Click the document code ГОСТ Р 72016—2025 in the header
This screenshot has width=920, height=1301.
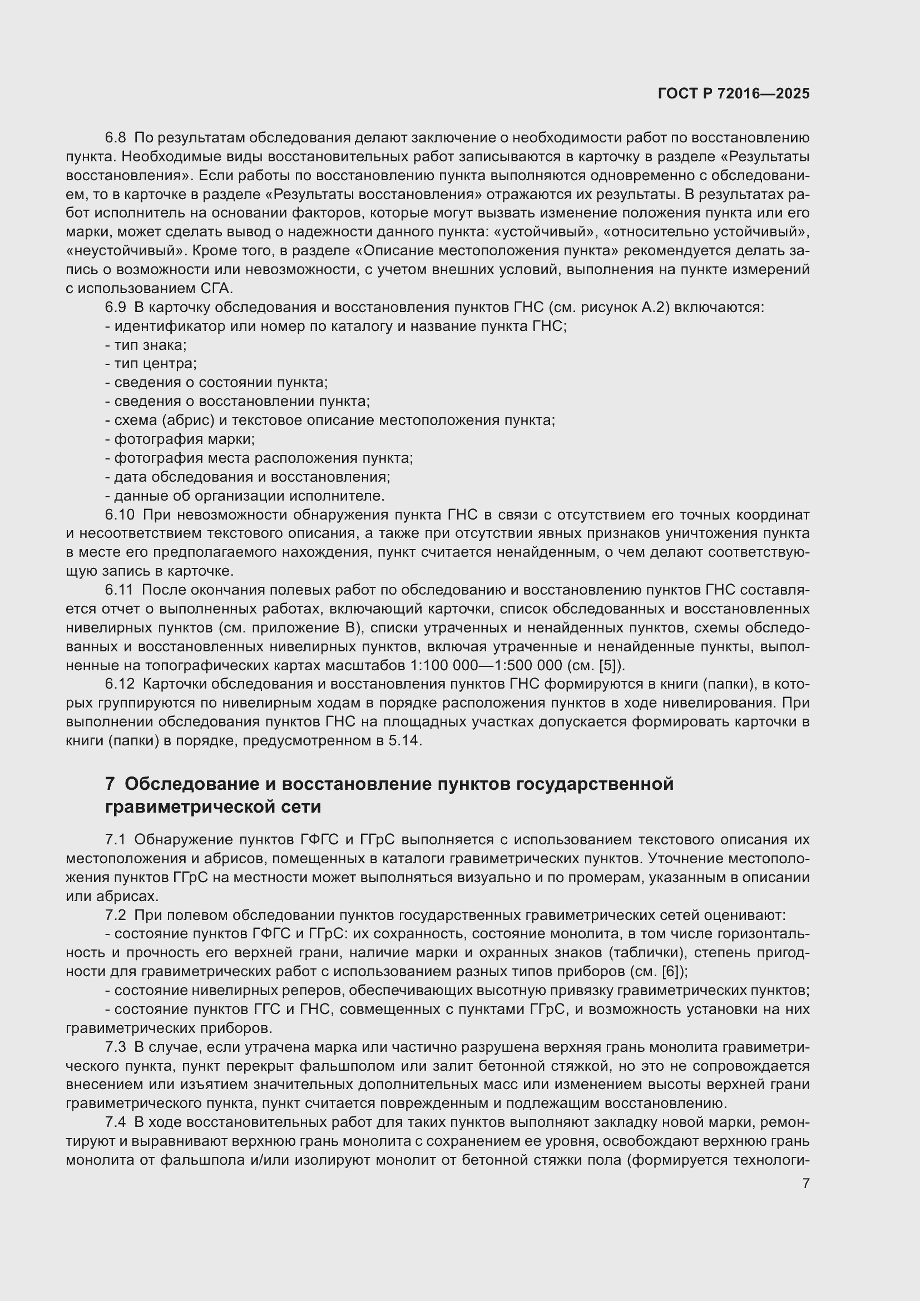tap(734, 94)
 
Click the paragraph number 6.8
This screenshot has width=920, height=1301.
tap(116, 138)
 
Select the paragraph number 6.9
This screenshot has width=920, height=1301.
tap(116, 307)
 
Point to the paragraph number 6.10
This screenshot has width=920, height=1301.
tap(120, 515)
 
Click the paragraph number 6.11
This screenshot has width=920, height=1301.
tap(119, 590)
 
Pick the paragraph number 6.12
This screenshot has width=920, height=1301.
tap(120, 684)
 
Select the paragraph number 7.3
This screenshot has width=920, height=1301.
tap(116, 1047)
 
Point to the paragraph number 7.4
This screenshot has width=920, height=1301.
tap(116, 1122)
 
